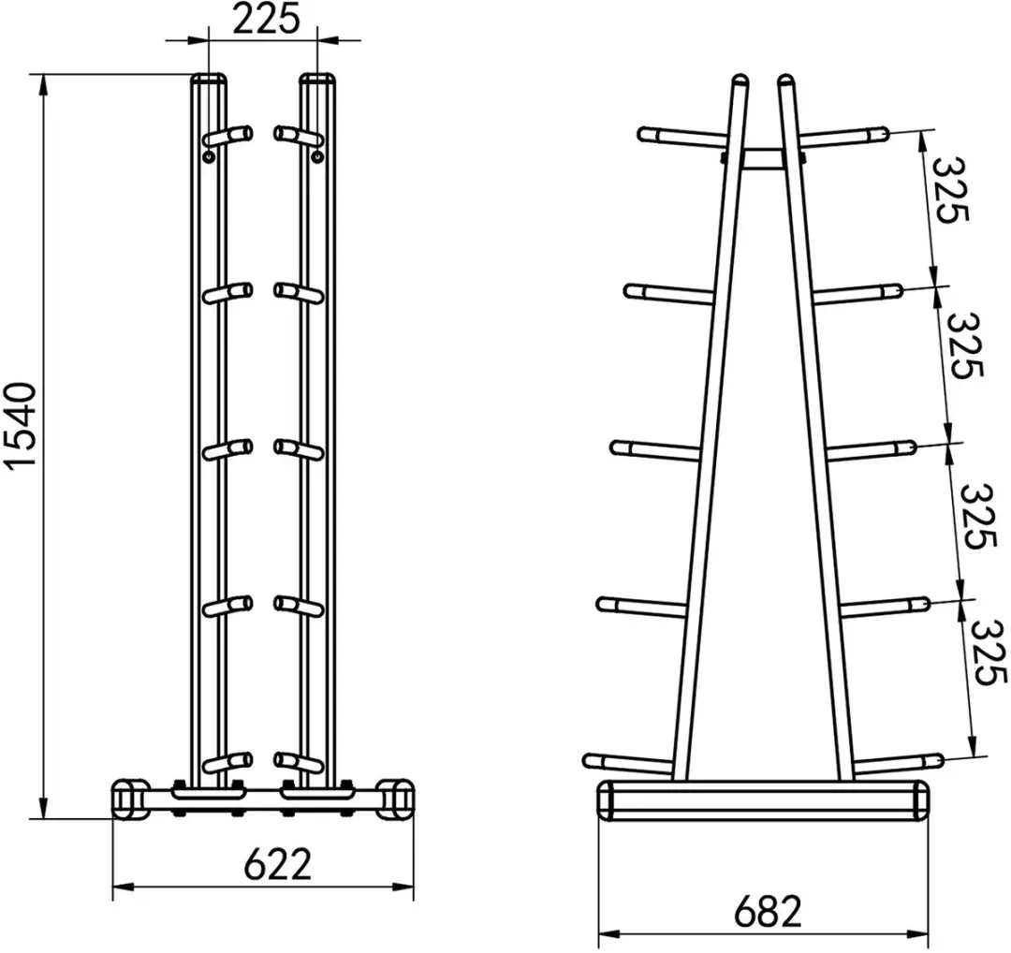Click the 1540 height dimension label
pyautogui.click(x=20, y=425)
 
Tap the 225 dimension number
pyautogui.click(x=266, y=20)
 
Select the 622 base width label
pyautogui.click(x=277, y=864)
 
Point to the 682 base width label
pyautogui.click(x=768, y=912)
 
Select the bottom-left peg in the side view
pyautogui.click(x=627, y=764)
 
